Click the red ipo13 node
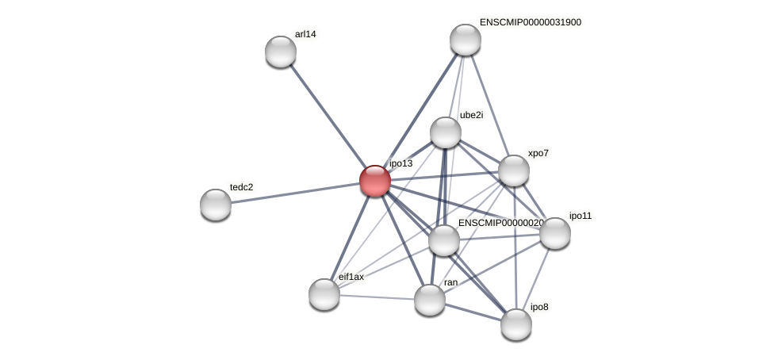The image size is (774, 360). (x=375, y=181)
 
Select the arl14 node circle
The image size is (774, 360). (x=281, y=52)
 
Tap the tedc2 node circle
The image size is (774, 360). (x=216, y=205)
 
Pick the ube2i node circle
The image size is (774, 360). (x=446, y=132)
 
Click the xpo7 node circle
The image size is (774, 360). (x=514, y=170)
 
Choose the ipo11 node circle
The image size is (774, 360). (x=555, y=233)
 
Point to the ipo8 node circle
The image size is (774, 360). (x=516, y=324)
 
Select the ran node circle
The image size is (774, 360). (x=430, y=300)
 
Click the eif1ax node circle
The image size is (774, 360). (x=324, y=294)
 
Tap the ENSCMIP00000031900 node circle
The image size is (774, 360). (x=466, y=40)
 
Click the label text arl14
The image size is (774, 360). (x=305, y=34)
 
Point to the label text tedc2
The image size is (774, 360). (x=242, y=187)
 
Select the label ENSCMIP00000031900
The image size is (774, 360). (x=530, y=22)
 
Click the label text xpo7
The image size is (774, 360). (x=538, y=153)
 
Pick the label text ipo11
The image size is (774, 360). (x=580, y=216)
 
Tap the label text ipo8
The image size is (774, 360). (x=539, y=307)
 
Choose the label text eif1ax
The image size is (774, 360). (x=351, y=277)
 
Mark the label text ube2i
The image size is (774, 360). (x=471, y=115)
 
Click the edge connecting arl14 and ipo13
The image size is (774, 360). (x=327, y=114)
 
